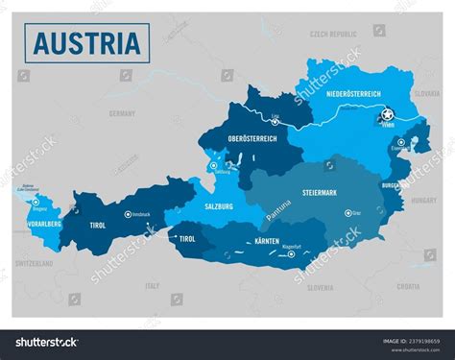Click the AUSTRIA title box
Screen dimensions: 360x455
pos(87,43)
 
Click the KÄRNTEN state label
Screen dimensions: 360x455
pos(267,241)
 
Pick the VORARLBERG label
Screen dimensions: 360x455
pos(37,224)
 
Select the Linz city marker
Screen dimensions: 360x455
pos(276,124)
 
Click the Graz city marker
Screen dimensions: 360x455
pos(347,212)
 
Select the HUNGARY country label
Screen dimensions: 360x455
pos(423,201)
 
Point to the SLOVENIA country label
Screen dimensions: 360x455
pos(320,287)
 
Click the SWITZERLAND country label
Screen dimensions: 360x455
pos(34,262)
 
